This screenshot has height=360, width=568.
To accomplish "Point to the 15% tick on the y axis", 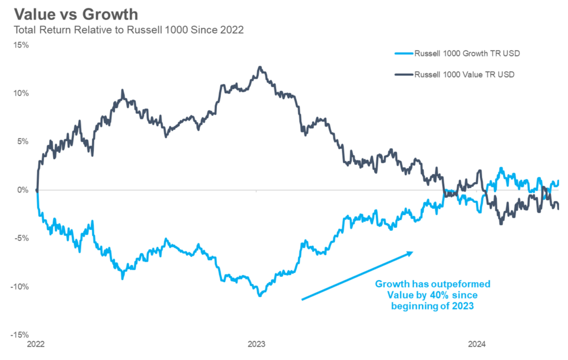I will pos(22,44).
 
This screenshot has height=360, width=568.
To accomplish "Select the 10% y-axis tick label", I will pos(22,93).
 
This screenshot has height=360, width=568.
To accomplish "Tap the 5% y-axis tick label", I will pos(23,141).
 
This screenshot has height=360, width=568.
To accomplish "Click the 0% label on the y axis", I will pos(23,190).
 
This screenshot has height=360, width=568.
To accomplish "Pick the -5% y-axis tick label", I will pos(22,238).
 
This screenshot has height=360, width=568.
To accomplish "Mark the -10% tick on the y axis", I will pos(21,287).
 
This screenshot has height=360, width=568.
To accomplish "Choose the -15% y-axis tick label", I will pos(21,335).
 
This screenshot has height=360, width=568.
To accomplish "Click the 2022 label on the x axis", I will pos(37,344).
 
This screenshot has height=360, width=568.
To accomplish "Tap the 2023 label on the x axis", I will pos(256,344).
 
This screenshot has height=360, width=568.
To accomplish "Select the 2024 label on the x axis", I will pos(476,344).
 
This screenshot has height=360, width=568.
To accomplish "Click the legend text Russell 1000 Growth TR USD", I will pos(464,54).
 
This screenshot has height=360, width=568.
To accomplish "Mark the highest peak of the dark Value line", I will pos(260,67).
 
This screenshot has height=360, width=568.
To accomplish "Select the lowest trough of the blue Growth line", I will pos(260,296).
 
